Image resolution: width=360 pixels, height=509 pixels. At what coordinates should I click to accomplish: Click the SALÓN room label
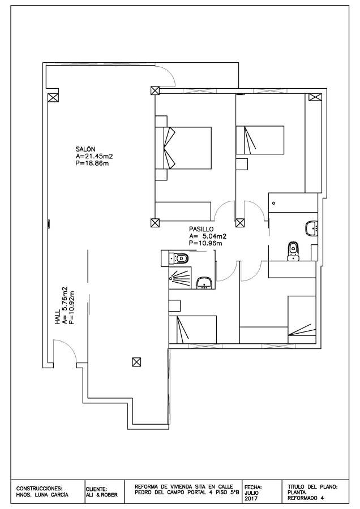coord(85,149)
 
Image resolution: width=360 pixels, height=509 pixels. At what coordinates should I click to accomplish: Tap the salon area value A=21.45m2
coord(94,157)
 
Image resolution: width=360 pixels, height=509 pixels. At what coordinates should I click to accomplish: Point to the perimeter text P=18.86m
coord(92,163)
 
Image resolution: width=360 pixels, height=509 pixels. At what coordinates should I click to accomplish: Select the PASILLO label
coord(201,229)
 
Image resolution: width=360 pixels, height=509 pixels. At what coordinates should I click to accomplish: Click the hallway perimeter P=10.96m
coord(205,243)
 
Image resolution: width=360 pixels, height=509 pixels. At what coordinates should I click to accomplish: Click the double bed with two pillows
coord(183,148)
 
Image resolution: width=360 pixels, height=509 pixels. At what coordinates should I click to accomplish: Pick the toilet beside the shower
coord(179,258)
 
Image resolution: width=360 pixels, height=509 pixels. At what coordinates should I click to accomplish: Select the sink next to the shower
coord(204,283)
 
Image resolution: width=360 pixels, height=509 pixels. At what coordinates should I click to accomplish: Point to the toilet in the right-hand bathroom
coord(293,251)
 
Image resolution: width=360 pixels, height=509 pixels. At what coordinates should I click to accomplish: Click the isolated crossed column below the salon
coord(136,361)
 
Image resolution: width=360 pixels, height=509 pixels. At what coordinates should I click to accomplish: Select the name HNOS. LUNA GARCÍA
coord(42,495)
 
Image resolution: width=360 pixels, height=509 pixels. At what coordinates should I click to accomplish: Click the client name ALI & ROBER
coord(102,495)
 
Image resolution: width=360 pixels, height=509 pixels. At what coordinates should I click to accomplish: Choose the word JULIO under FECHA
coord(251,493)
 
